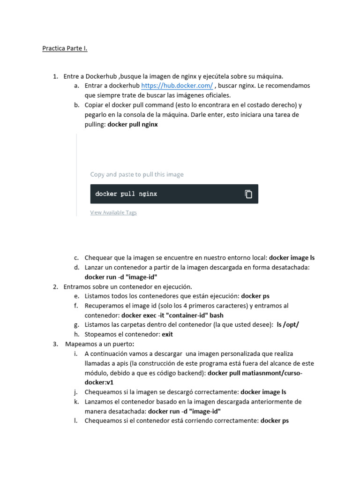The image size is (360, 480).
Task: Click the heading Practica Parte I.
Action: click(x=65, y=48)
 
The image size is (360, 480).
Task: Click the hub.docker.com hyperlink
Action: click(x=177, y=86)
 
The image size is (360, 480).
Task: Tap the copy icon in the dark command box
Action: click(x=248, y=194)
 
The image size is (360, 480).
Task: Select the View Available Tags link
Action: click(x=113, y=212)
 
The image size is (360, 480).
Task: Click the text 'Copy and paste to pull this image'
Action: click(x=137, y=174)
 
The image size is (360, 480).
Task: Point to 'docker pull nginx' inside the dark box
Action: click(x=126, y=194)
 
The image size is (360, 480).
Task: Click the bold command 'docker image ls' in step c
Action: click(x=292, y=258)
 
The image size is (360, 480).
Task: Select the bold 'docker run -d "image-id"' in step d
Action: click(x=121, y=277)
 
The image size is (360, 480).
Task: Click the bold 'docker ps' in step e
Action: click(x=255, y=296)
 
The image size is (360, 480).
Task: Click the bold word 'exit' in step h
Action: click(x=167, y=335)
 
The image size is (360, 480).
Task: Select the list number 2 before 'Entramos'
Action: click(x=55, y=286)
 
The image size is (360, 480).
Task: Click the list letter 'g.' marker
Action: click(x=76, y=325)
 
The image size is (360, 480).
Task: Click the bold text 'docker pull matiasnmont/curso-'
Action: click(x=255, y=373)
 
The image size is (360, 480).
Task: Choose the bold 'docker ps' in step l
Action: click(x=275, y=421)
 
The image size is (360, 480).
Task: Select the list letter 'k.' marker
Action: click(x=76, y=402)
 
